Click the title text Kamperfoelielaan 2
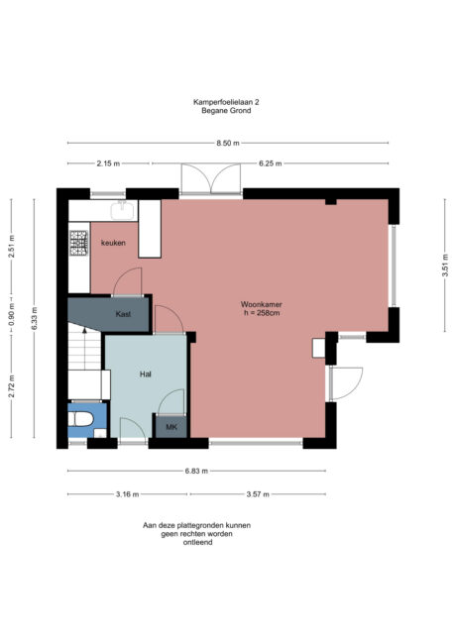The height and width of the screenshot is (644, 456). [227, 101]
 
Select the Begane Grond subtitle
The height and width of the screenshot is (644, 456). [227, 111]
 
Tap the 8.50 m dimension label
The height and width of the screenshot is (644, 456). [227, 144]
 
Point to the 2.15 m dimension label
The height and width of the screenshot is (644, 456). [108, 163]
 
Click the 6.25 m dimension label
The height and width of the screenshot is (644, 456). [270, 163]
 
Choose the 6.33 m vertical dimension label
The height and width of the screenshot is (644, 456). [34, 317]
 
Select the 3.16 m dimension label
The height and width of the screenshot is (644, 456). [128, 492]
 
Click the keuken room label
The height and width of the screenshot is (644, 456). [112, 243]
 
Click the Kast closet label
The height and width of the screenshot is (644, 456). [124, 314]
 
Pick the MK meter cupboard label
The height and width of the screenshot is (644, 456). [171, 428]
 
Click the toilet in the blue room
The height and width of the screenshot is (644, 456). [80, 424]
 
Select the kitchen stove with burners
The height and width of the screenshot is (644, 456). [78, 241]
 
